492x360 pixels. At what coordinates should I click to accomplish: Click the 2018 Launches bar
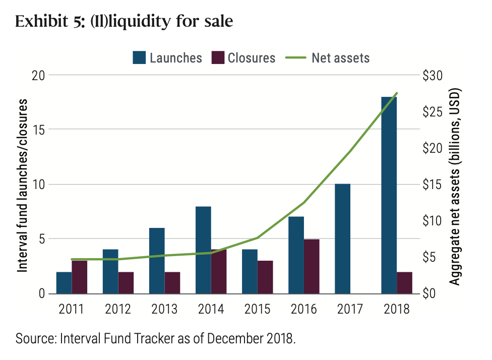tap(389, 195)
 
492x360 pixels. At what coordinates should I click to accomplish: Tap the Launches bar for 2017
tap(342, 238)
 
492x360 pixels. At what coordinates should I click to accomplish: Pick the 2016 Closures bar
tap(312, 266)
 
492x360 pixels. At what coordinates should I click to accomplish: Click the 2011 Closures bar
tap(79, 277)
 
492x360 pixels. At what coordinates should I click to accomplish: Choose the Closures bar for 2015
tap(265, 277)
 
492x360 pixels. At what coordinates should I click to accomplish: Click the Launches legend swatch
tap(139, 58)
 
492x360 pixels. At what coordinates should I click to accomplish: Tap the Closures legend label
tap(252, 58)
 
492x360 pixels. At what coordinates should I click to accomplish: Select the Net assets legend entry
tap(328, 58)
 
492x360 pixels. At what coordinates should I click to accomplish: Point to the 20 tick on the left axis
tap(39, 76)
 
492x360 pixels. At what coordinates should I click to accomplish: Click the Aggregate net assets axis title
tap(455, 187)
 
